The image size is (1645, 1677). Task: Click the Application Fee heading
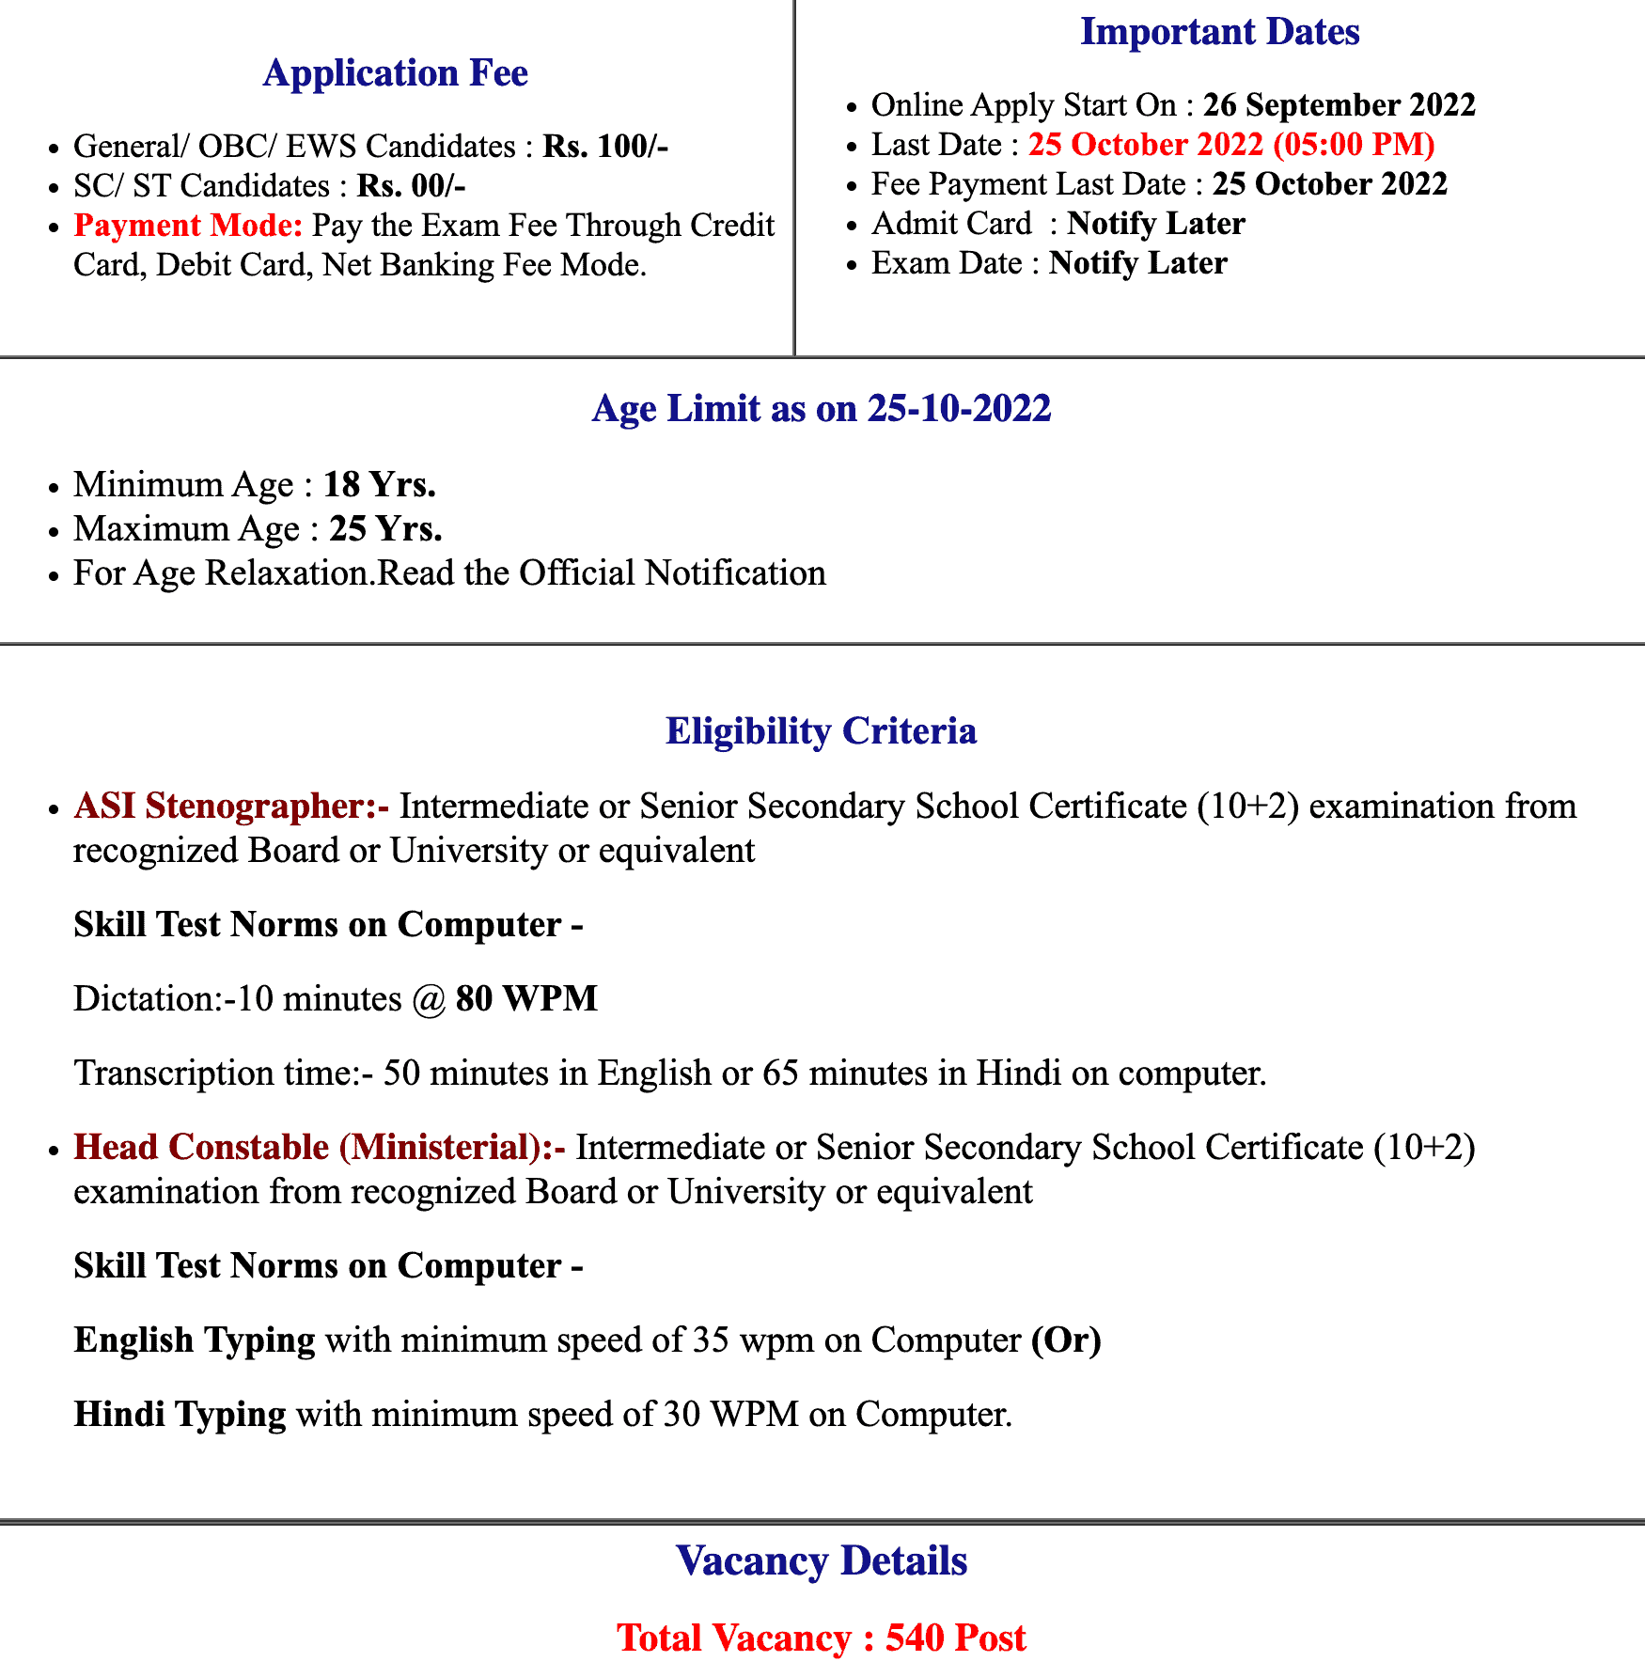coord(395,73)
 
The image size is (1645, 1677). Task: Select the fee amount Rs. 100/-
coord(605,147)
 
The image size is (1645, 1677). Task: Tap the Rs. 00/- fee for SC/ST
coord(411,186)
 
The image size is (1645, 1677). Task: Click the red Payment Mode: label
coord(188,226)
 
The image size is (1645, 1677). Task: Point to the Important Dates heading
coord(1219,32)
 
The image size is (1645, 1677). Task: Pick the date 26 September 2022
coord(1339,104)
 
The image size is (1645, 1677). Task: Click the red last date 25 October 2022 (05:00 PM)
coord(1230,145)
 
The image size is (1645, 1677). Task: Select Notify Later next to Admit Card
coord(1155,224)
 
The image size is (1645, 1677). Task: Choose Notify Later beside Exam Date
coord(1137,263)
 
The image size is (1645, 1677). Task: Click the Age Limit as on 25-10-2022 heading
coord(821,409)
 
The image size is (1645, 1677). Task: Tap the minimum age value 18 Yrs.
coord(379,485)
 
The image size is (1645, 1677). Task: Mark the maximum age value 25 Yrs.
coord(385,529)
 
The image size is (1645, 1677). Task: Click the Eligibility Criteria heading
coord(821,731)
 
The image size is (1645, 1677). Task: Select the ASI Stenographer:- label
coord(231,807)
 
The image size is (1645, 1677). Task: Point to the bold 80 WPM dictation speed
coord(526,998)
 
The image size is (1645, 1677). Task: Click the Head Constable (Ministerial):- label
coord(320,1148)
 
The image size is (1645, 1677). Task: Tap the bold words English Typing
coord(195,1340)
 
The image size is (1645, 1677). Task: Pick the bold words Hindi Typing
coord(180,1414)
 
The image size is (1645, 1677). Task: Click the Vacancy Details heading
coord(821,1561)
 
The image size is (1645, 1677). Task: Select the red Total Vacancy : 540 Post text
coord(821,1638)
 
